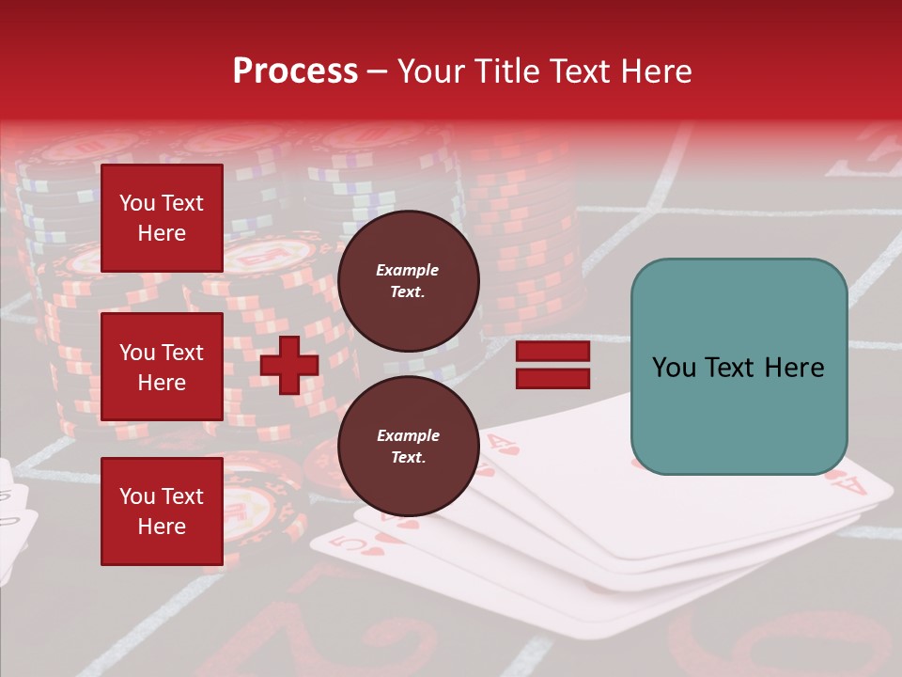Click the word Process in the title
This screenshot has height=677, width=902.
point(295,71)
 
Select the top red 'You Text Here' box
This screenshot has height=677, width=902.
point(162,218)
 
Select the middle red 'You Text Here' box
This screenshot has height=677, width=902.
point(162,367)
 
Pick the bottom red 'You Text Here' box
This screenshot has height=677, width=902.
point(162,512)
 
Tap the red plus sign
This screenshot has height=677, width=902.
point(289,365)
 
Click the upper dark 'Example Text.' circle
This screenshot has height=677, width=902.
point(408,281)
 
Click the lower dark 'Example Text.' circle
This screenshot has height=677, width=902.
point(408,447)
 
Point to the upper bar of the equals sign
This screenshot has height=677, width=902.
point(552,351)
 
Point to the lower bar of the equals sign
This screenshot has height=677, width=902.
point(552,378)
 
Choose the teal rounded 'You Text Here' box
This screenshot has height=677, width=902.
point(739,367)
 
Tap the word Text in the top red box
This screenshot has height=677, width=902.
point(182,203)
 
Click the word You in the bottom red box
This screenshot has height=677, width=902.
point(137,496)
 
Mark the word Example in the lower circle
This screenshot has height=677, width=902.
point(408,435)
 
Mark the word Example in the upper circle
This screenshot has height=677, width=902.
point(408,270)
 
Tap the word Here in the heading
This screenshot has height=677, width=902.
point(658,71)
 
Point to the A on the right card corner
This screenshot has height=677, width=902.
point(852,485)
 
